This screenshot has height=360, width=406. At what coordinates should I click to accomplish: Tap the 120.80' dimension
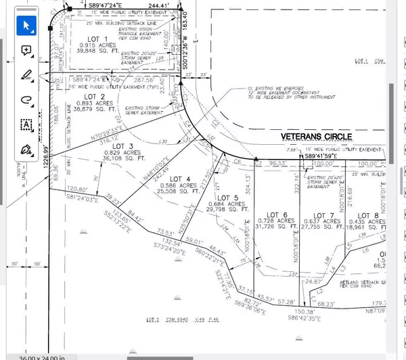click(77, 189)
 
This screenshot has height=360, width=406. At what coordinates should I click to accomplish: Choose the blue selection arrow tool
click(27, 26)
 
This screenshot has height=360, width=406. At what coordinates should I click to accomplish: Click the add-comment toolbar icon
click(27, 50)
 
